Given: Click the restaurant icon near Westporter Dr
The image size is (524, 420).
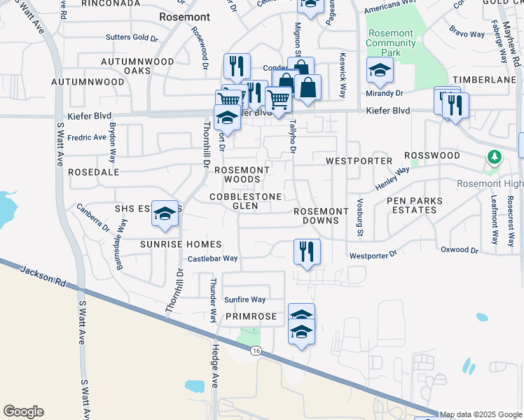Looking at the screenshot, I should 306,251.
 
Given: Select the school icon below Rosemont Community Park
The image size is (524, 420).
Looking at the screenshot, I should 380,71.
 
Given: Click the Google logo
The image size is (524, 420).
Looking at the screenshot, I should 23,412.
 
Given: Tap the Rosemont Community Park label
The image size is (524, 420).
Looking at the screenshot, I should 389,43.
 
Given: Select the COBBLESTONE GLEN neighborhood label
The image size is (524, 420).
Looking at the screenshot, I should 246,202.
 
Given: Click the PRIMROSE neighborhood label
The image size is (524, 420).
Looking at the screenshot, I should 252,317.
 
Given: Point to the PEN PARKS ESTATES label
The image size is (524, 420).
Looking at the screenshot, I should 415,205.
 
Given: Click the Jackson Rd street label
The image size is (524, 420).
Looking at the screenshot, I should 43,274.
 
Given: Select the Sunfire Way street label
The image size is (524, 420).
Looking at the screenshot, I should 245,300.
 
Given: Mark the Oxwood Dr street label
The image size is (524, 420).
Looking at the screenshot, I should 460,250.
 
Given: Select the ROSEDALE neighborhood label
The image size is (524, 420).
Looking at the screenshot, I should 94,171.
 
